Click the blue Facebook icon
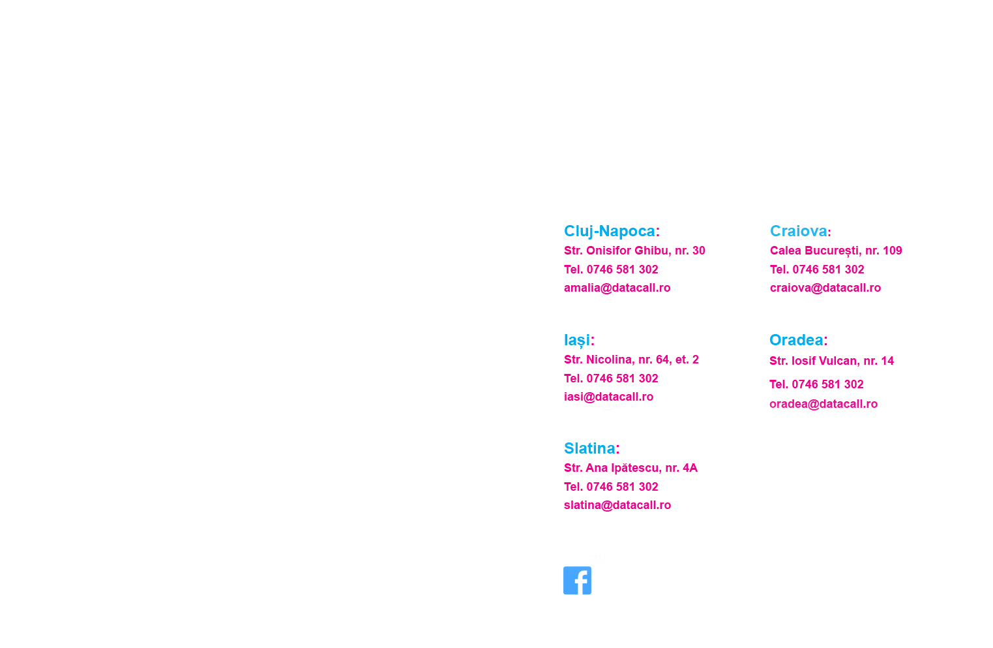(577, 580)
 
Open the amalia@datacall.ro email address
(617, 288)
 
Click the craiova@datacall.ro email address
(825, 288)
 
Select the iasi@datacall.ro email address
(608, 397)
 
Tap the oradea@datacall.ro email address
(823, 404)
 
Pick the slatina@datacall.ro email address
(617, 505)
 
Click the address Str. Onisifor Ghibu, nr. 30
(634, 251)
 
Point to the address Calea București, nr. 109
(835, 251)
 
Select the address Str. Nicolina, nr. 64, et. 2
(631, 360)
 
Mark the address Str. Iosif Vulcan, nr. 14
(831, 361)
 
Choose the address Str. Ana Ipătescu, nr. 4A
(630, 468)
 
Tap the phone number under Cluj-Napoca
(611, 270)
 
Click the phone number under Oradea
(816, 384)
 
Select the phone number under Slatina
(611, 487)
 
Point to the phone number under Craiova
(817, 270)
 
